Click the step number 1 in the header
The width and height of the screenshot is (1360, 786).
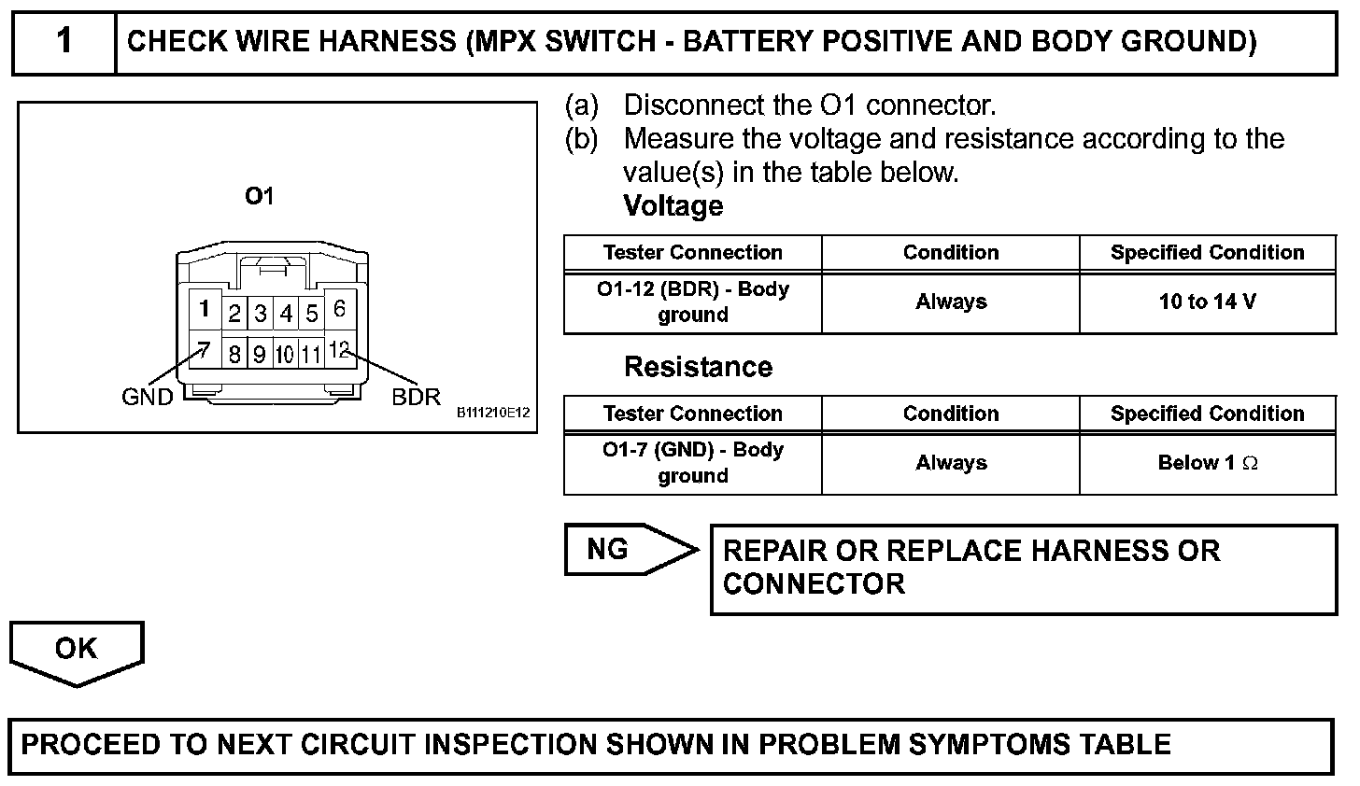64,42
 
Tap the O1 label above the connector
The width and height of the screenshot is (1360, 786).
259,196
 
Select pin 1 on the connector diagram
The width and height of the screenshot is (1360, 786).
205,308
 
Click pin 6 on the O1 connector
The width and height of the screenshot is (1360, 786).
339,308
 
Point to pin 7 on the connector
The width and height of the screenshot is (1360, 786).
205,351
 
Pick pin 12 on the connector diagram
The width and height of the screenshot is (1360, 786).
339,350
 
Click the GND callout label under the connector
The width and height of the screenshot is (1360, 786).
148,397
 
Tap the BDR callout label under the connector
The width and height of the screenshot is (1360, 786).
416,397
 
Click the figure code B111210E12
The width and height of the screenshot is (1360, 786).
493,412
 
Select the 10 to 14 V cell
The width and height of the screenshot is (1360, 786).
1207,302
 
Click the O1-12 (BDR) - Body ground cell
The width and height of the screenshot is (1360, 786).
692,302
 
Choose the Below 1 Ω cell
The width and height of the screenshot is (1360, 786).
1207,463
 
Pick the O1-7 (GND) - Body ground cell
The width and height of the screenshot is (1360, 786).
692,463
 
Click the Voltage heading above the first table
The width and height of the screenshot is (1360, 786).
673,206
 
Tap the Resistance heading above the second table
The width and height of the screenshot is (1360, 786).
698,367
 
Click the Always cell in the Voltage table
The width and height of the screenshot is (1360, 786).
950,302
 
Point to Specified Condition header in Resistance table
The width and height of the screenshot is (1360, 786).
1207,414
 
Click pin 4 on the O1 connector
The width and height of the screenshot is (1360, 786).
286,314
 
